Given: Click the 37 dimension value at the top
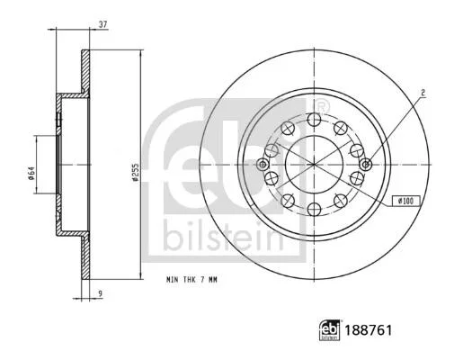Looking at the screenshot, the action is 103,24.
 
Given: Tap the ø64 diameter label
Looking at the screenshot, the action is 31,174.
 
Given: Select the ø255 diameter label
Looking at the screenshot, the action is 135,172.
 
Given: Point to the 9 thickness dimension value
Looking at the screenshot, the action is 101,292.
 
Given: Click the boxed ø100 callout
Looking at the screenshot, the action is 406,201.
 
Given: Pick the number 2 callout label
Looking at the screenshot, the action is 423,93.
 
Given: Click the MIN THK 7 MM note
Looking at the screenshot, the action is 191,280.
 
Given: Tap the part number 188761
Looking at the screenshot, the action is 368,330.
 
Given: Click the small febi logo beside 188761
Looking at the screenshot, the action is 330,330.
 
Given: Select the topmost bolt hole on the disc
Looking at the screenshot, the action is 315,120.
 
